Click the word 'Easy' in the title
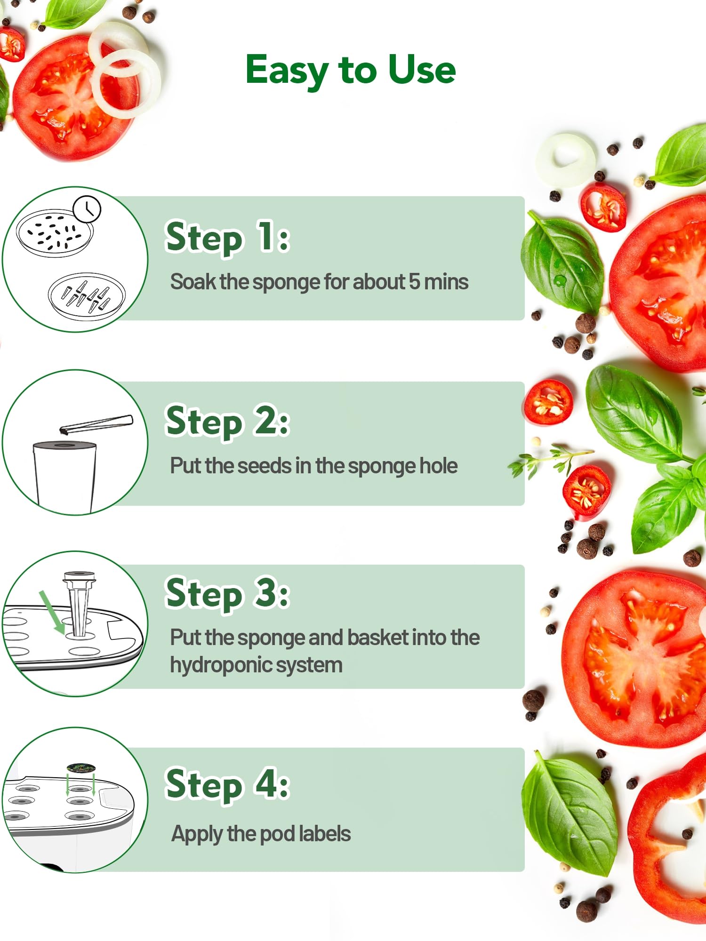(287, 71)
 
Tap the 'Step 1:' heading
(228, 238)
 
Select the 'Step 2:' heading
(228, 422)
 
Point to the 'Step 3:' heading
(228, 594)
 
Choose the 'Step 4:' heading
(228, 784)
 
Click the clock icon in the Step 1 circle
(87, 209)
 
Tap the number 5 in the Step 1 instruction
(414, 282)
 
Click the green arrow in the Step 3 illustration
(52, 612)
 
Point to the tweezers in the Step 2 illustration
(96, 424)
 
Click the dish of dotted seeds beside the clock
(55, 233)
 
